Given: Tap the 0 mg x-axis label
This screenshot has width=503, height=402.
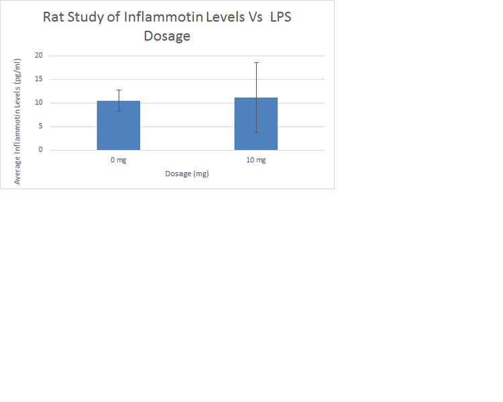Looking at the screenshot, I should pos(119,160).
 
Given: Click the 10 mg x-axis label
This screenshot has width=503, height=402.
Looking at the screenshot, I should pos(256,160).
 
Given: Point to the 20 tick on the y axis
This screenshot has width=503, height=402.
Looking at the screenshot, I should pos(38,56).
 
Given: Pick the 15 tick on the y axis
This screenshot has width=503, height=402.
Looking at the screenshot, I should pos(38,79).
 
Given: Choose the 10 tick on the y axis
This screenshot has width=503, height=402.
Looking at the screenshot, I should pos(38,103).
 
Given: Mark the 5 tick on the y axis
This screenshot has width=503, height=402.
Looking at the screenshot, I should pos(40,126).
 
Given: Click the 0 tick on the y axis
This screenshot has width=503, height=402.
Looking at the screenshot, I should pos(40,149).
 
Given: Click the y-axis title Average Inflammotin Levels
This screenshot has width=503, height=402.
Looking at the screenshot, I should pos(18,121).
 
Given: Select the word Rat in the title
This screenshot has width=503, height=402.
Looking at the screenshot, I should pos(54,17).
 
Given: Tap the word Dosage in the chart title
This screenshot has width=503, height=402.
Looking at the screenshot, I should pos(167,36).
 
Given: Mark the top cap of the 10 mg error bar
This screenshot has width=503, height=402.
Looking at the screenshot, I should pos(256,62).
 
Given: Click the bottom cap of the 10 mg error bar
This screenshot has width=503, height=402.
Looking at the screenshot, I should pos(256,133).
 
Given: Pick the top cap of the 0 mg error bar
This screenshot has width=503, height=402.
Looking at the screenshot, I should pos(119,90).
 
